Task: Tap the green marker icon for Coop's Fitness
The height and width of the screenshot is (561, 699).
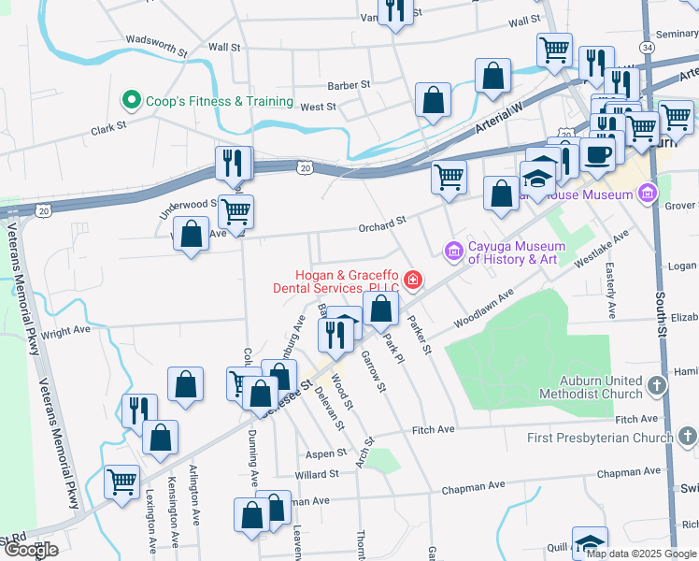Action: [x=132, y=100]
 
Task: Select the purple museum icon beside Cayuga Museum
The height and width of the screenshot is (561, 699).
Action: [x=454, y=251]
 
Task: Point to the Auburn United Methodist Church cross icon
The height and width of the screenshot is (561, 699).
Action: [x=657, y=386]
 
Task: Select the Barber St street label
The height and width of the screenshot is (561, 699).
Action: [x=348, y=84]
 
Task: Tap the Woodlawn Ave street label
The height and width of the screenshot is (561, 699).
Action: [x=484, y=308]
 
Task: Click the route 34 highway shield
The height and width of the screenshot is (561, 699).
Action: [x=648, y=46]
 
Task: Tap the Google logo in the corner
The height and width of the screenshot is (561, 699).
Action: [x=31, y=550]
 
